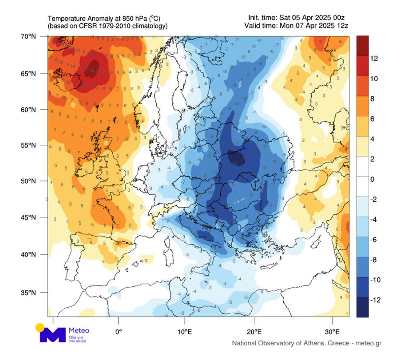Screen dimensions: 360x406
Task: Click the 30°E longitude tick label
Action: tap(332, 331)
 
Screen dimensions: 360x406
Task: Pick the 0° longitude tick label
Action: tap(118, 331)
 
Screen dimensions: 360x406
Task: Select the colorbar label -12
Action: tap(375, 300)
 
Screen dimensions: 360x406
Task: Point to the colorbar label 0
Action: tap(372, 179)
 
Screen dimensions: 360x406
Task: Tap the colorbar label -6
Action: tap(374, 240)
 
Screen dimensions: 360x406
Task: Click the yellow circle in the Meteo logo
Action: tap(40, 328)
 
